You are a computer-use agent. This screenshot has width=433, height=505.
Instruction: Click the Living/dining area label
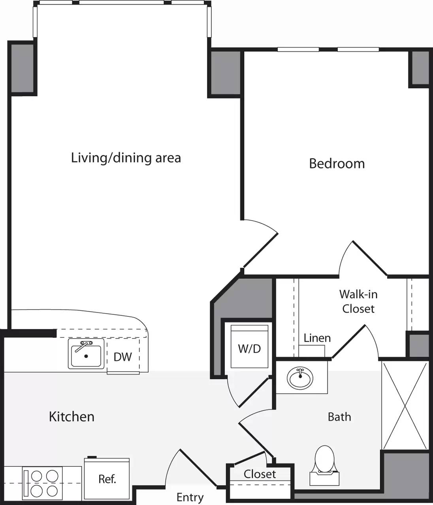tap(126, 158)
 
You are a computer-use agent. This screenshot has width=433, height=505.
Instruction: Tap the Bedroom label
tap(337, 163)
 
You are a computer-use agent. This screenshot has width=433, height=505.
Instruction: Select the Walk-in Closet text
tap(358, 301)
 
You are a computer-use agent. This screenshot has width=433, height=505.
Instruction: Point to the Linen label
tap(317, 338)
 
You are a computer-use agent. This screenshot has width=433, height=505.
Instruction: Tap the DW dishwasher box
tap(122, 357)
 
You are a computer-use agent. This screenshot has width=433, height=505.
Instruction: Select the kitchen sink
tap(86, 353)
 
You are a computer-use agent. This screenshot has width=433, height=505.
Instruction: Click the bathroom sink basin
tap(301, 378)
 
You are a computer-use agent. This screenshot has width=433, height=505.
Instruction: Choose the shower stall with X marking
tap(405, 405)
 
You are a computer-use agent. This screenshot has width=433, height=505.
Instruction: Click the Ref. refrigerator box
tap(107, 479)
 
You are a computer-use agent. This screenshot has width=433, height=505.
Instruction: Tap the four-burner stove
tap(42, 484)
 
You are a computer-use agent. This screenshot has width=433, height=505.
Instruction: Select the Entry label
tap(190, 497)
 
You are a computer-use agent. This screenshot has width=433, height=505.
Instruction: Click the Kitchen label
tap(72, 417)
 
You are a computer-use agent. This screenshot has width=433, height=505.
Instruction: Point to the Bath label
tap(339, 417)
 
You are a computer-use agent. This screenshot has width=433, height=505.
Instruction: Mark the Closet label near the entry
tap(260, 474)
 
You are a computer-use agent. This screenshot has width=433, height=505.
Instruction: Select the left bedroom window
tap(298, 50)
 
